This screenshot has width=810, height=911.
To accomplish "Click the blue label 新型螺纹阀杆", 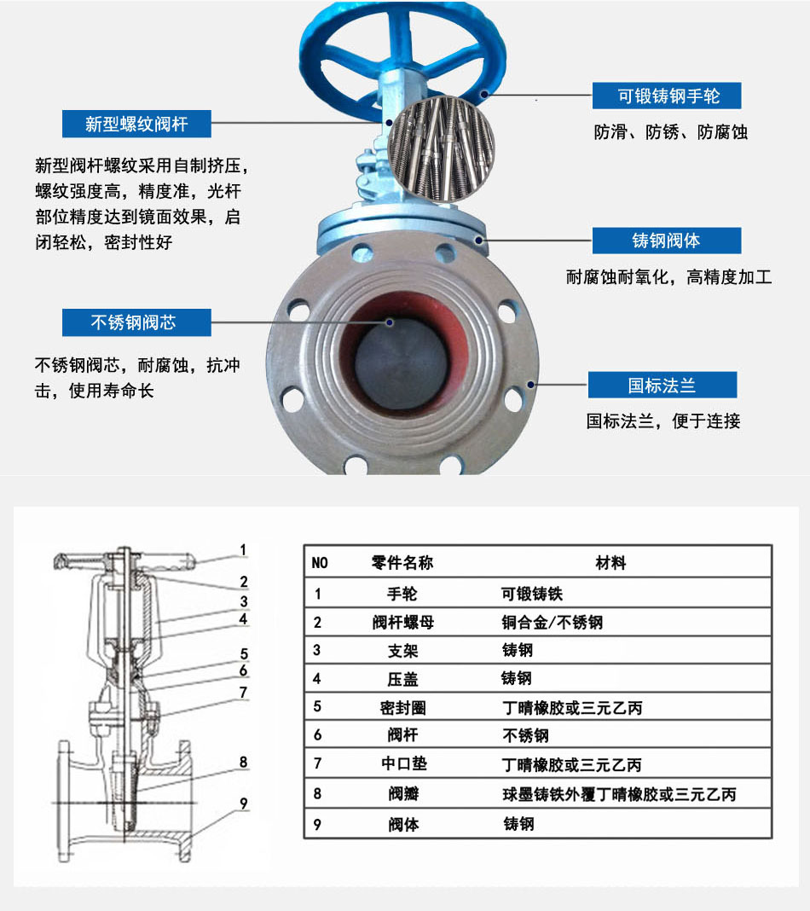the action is tap(136, 124).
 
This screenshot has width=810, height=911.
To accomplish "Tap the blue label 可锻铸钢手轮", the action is tap(667, 96).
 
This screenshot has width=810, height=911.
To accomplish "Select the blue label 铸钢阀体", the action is tap(667, 241).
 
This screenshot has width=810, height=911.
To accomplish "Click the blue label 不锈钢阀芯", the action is tap(136, 322).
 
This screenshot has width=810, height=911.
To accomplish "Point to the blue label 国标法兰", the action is tap(662, 385).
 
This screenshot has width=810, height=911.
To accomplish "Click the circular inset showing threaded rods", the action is tap(442, 149).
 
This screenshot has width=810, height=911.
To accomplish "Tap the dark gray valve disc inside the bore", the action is tap(401, 363).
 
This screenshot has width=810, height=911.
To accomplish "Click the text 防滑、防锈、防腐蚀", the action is tap(671, 132).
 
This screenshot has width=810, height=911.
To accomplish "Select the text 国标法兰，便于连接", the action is tap(663, 421).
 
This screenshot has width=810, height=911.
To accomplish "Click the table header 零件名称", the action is tap(402, 562).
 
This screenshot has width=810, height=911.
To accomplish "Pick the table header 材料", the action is tap(610, 562).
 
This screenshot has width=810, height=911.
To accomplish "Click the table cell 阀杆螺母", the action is tap(403, 622).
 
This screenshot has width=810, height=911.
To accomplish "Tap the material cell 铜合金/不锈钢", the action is tap(553, 622).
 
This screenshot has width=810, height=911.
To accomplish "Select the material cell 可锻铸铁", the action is tap(532, 594).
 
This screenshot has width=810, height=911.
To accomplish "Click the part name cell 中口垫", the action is tap(403, 763).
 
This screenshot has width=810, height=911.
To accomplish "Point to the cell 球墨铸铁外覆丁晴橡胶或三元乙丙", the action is tap(619, 794).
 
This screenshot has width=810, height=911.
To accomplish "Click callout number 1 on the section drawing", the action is tap(243, 549).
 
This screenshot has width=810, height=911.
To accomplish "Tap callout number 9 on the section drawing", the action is tap(244, 804).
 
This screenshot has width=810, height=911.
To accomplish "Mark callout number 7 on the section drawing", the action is tap(243, 693).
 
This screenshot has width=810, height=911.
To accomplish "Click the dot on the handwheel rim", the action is tap(483, 93).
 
